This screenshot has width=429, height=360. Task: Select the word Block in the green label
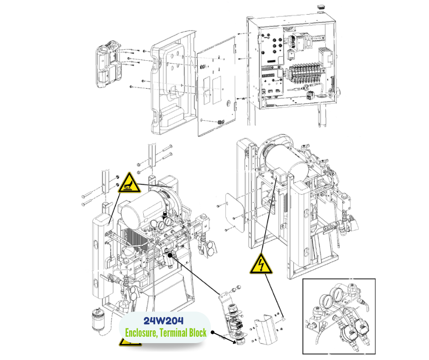click(196, 332)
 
